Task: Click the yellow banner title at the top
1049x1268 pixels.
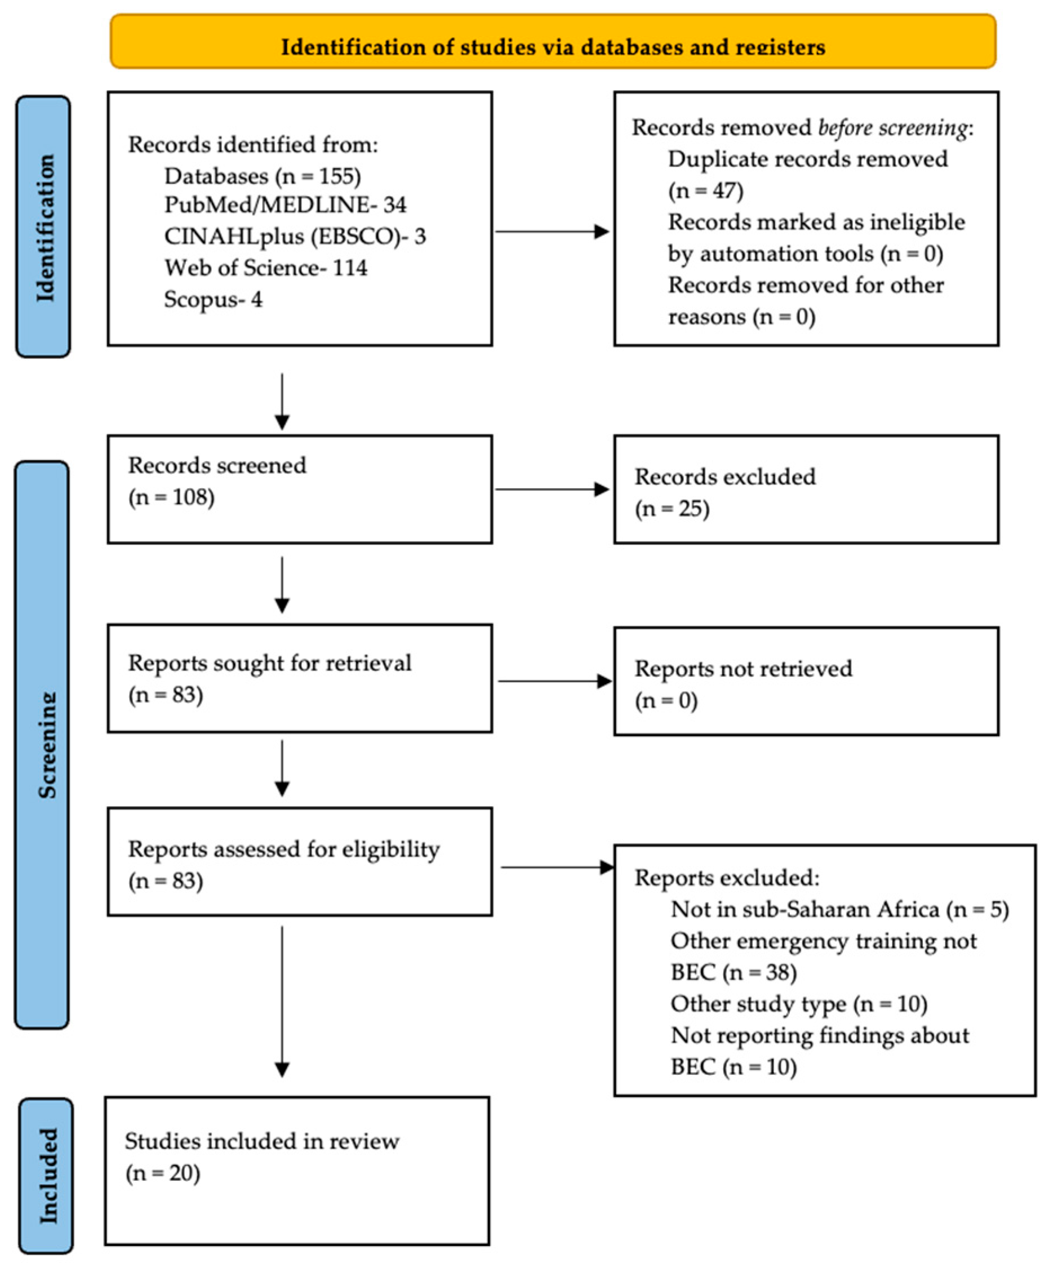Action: pyautogui.click(x=553, y=47)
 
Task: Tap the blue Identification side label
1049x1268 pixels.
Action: pyautogui.click(x=43, y=227)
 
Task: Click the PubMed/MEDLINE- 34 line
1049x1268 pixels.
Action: pyautogui.click(x=285, y=204)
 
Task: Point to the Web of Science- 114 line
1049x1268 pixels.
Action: pyautogui.click(x=266, y=268)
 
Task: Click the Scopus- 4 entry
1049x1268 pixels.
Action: pyautogui.click(x=213, y=300)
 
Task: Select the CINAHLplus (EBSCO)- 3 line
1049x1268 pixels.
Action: pyautogui.click(x=295, y=236)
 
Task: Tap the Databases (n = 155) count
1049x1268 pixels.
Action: pyautogui.click(x=263, y=176)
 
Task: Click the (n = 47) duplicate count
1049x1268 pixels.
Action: pyautogui.click(x=705, y=191)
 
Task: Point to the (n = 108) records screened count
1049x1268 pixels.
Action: pyautogui.click(x=171, y=497)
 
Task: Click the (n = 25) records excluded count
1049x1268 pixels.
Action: pyautogui.click(x=672, y=509)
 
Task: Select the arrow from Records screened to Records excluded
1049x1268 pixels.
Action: pyautogui.click(x=552, y=489)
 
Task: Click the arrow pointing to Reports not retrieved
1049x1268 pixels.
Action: pyautogui.click(x=555, y=681)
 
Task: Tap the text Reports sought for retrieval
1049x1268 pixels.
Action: pyautogui.click(x=269, y=663)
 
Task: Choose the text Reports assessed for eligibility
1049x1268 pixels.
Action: pyautogui.click(x=284, y=849)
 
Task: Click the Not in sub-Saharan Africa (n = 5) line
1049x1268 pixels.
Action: pyautogui.click(x=839, y=909)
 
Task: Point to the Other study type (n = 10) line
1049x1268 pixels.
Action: pyautogui.click(x=799, y=1004)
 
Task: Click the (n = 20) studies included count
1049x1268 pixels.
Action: pyautogui.click(x=163, y=1173)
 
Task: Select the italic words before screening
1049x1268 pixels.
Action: pyautogui.click(x=892, y=128)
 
